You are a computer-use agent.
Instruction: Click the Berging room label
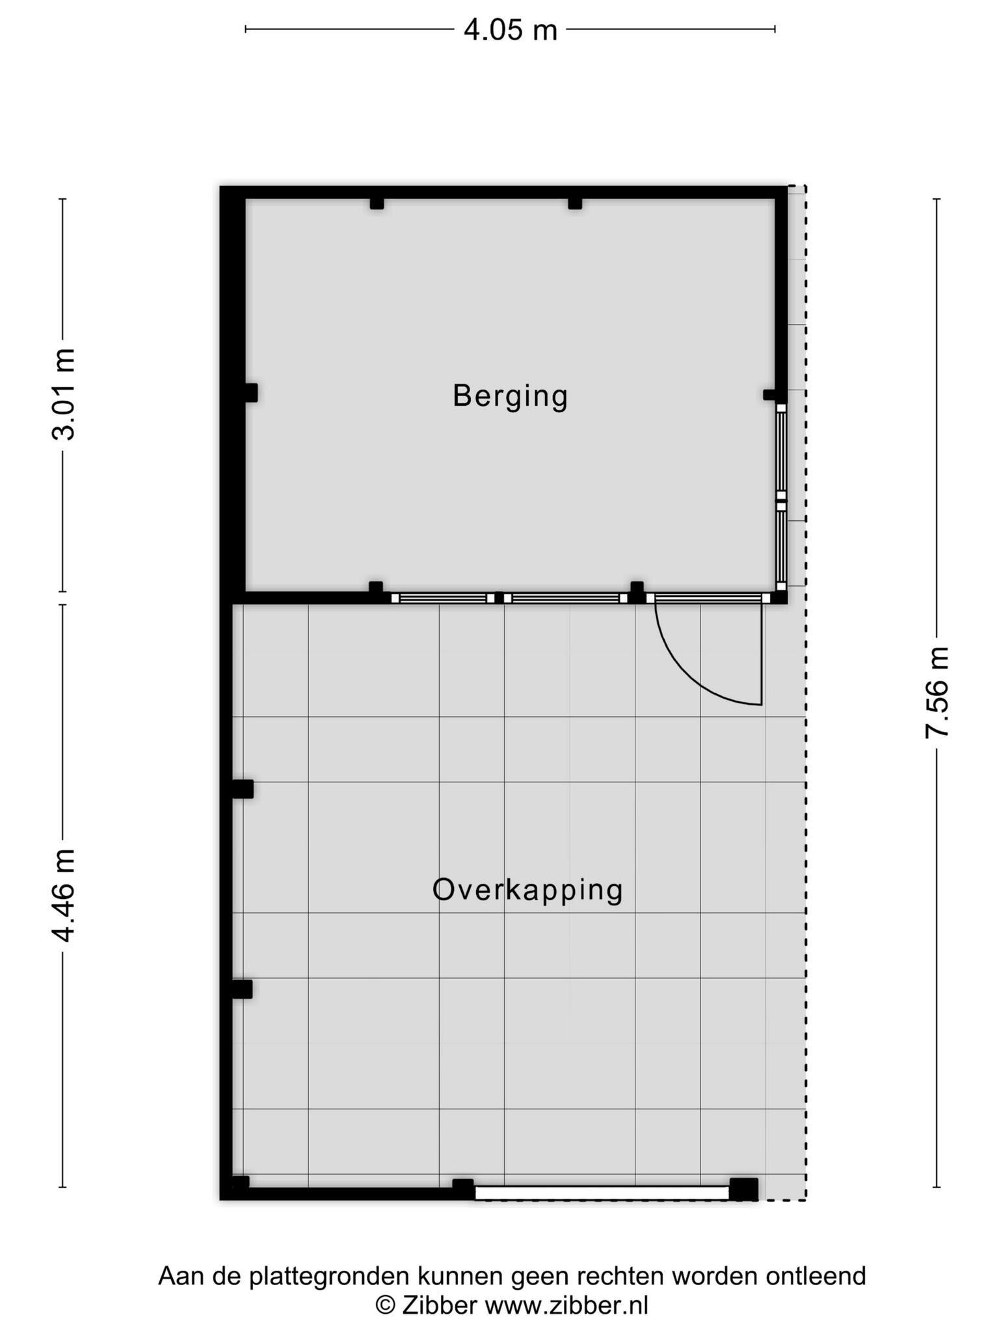click(510, 397)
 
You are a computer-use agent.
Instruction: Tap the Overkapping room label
click(527, 890)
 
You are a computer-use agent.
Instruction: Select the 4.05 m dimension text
click(510, 30)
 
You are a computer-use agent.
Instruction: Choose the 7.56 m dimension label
click(937, 692)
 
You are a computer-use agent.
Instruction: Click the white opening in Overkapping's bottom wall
click(602, 1192)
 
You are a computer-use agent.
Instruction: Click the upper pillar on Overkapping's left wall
click(243, 789)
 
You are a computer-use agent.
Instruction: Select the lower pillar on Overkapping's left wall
click(242, 989)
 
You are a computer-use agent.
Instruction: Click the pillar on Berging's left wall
click(251, 393)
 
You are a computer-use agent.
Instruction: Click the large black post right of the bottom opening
click(744, 1189)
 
